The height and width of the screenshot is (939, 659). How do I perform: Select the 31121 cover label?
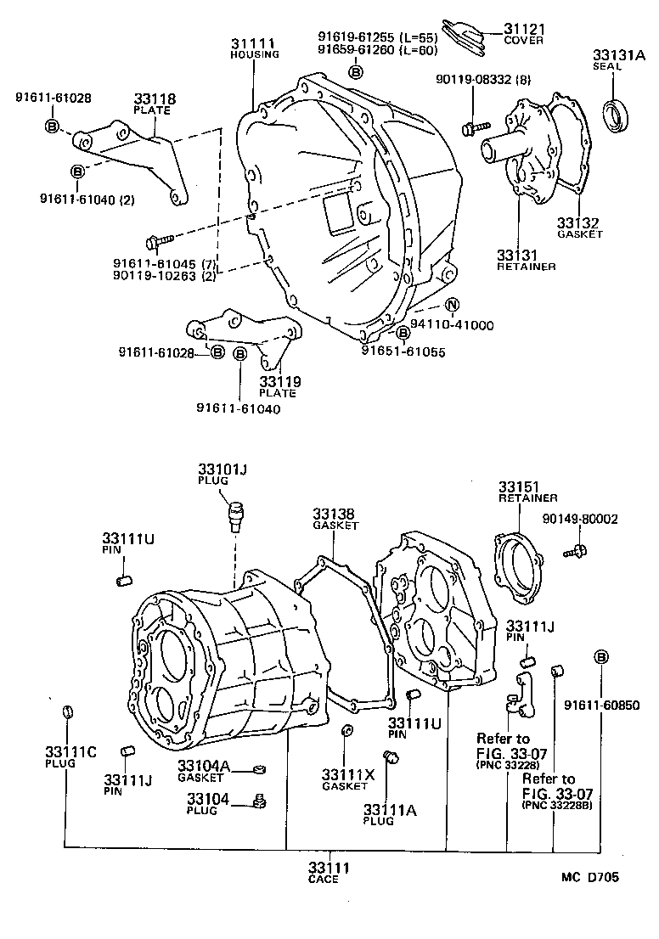click(526, 28)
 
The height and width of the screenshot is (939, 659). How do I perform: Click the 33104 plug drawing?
click(260, 800)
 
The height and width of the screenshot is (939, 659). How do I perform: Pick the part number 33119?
click(279, 381)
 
